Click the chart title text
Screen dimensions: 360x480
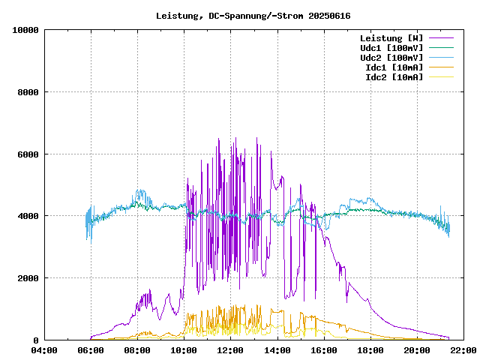point(253,16)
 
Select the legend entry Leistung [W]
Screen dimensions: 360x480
point(391,37)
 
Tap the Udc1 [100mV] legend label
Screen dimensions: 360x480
point(391,47)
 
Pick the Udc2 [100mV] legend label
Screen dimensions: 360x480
point(391,57)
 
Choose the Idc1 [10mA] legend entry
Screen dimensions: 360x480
point(393,67)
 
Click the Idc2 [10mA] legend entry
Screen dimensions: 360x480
point(393,76)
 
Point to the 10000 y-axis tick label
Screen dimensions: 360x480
point(25,30)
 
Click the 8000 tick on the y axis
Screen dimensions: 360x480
point(28,92)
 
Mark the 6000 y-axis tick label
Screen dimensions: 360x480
point(28,154)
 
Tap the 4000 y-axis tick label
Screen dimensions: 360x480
point(28,216)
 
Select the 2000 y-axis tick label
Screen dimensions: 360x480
point(28,278)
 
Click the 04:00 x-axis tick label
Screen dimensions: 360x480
point(44,350)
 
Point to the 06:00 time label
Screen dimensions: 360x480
point(91,350)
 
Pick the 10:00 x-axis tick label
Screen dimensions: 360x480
point(184,350)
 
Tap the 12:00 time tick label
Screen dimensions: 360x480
point(230,350)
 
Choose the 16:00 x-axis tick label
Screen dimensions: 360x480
point(323,350)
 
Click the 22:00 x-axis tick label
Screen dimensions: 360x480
point(463,350)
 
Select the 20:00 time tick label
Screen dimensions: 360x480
point(416,350)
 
